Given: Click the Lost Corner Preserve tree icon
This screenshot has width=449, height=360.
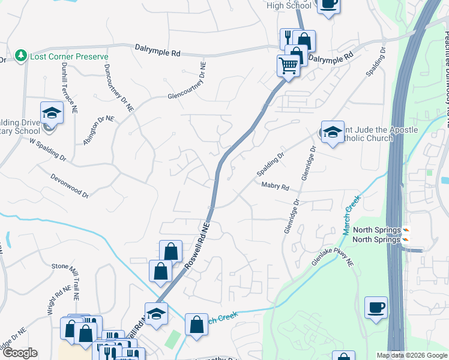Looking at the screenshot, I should coord(21,55).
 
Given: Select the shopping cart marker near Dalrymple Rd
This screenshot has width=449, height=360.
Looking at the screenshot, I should coord(289,65).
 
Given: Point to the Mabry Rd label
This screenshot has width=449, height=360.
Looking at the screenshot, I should coord(275,187).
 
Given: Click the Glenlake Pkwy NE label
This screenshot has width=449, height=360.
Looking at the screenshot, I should coord(333,262).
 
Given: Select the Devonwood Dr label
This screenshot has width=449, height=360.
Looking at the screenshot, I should coord(70,187).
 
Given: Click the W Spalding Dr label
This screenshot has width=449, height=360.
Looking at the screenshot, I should coord(47,150).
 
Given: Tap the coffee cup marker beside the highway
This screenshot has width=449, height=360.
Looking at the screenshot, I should coord(376,308).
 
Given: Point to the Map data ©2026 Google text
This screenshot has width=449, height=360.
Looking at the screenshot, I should coord(412,355).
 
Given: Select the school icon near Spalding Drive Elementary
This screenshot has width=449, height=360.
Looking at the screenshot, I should coord(52,113).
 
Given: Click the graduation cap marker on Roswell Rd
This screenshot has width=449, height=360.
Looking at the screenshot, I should coord(156,314).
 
